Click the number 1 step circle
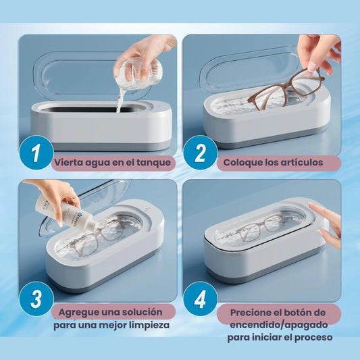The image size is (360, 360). pyautogui.click(x=36, y=153)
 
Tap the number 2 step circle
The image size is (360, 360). pyautogui.click(x=201, y=153)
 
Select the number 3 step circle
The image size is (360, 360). pyautogui.click(x=36, y=299)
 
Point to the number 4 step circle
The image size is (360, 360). pyautogui.click(x=201, y=299)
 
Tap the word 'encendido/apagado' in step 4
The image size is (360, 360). pyautogui.click(x=279, y=325)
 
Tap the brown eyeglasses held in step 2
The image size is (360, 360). pyautogui.click(x=286, y=88)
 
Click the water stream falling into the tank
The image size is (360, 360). pyautogui.click(x=120, y=101)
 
